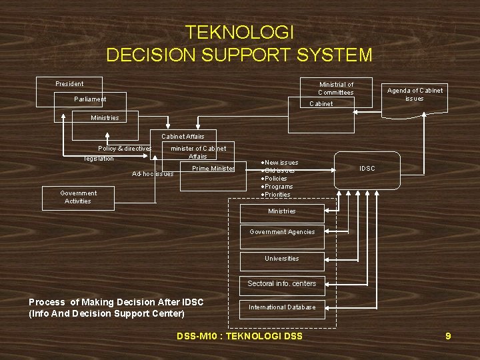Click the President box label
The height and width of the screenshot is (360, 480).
(x=70, y=84)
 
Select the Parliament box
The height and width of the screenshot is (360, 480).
(x=90, y=99)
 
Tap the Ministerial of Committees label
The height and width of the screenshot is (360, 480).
(x=336, y=88)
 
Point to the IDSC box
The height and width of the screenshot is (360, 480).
(x=367, y=169)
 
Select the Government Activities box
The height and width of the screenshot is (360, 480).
(x=78, y=197)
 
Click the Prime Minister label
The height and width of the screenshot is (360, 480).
(x=213, y=169)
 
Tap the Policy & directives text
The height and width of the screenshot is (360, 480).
(x=125, y=148)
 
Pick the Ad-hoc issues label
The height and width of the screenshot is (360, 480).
(x=153, y=173)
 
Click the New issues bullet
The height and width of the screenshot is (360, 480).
(x=280, y=163)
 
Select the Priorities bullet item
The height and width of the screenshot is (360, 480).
(x=277, y=195)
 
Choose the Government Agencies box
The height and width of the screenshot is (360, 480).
(x=282, y=232)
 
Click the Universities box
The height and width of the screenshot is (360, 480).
(x=282, y=259)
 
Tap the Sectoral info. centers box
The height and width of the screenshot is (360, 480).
(x=282, y=284)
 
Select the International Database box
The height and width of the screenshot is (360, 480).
(x=282, y=307)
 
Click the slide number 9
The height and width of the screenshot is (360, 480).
(x=448, y=336)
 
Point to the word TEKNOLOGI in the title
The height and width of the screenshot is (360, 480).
(x=239, y=32)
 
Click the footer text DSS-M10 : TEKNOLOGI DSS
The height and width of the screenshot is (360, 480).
(x=239, y=336)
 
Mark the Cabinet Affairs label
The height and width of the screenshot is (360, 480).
(x=183, y=137)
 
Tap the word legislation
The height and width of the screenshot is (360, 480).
(x=99, y=159)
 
